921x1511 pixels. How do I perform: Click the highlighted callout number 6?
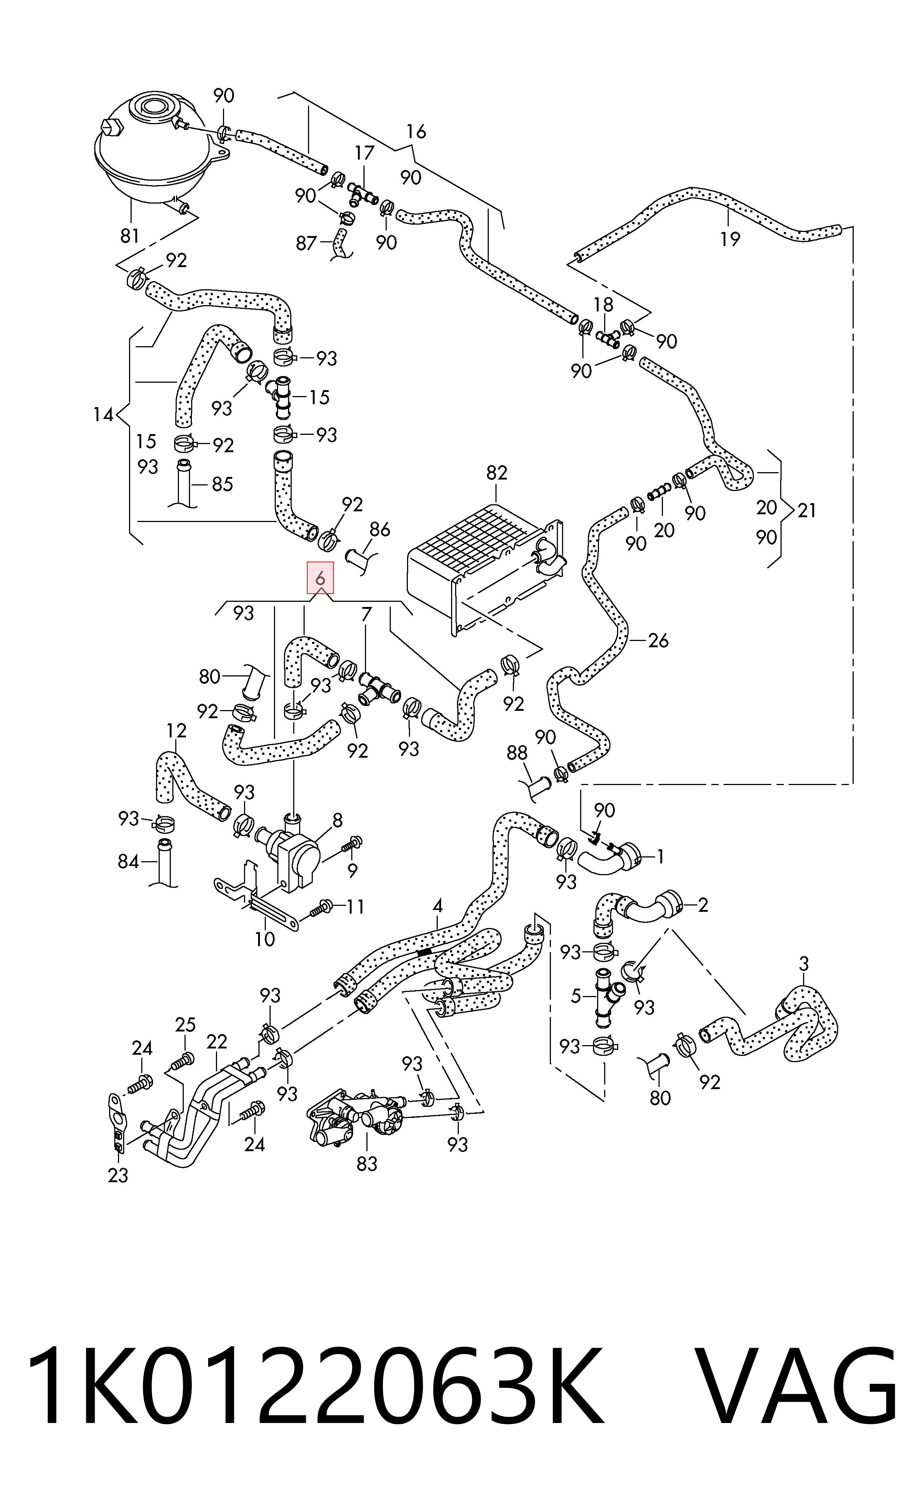[320, 578]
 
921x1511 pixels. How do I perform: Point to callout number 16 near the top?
[416, 131]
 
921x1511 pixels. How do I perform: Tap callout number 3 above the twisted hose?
[804, 963]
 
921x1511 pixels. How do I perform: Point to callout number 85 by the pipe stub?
[222, 484]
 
